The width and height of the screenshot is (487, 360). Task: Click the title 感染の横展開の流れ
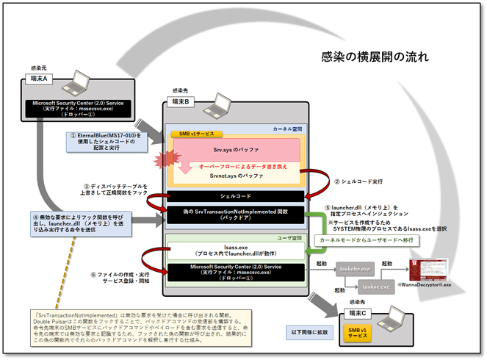point(375,56)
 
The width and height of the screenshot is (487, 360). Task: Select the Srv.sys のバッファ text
point(236,149)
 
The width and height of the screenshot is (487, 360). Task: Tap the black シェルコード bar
point(235,197)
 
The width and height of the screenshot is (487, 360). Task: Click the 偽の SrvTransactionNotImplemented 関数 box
point(235,215)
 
